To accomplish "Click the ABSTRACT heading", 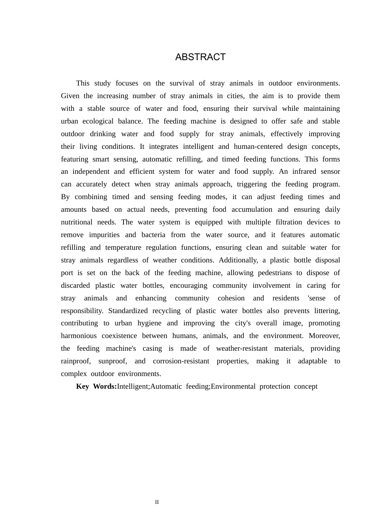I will (200, 57).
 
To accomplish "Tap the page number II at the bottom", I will (157, 502).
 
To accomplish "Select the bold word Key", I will (82, 386).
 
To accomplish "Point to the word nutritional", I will (76, 222).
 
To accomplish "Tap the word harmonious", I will (79, 336).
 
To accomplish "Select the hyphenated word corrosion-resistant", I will (181, 361).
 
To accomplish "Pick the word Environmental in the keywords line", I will (233, 386).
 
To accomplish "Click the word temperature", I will (123, 247).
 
